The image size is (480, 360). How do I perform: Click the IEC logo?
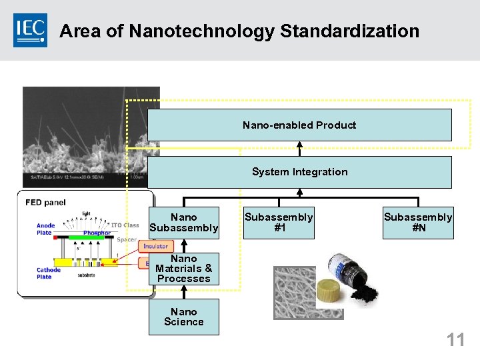point(31,30)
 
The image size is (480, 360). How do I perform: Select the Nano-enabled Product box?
point(299,125)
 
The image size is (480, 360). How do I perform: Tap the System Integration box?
point(299,172)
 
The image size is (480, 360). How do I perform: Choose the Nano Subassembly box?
point(183,223)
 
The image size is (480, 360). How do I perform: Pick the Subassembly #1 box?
point(279,223)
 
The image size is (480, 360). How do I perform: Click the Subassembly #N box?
point(418,223)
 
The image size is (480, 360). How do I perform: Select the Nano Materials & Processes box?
point(183,269)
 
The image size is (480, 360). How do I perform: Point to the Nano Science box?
point(183,317)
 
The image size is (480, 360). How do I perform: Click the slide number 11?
point(455,340)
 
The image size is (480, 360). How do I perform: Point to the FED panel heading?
point(45,203)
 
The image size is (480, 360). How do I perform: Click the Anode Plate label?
point(45,229)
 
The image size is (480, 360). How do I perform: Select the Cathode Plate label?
point(49,273)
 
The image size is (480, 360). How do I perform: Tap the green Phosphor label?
point(97,233)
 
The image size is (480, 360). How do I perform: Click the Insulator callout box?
point(156,247)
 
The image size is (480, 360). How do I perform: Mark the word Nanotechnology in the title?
point(201,31)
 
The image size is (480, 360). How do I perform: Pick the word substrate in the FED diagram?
point(86,275)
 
